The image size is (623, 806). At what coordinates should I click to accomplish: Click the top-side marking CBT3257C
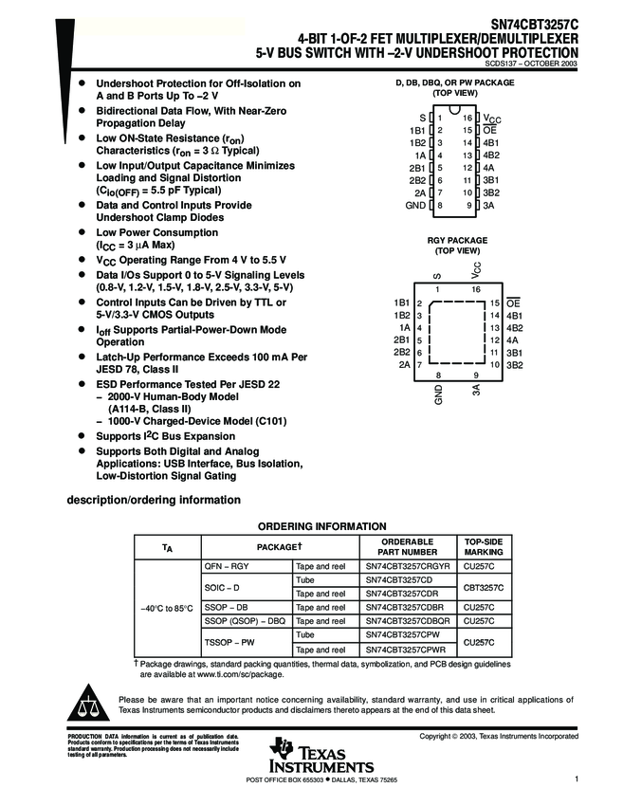(484, 587)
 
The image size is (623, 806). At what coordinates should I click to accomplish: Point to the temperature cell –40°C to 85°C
(167, 607)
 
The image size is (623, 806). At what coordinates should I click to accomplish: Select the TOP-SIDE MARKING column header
(484, 546)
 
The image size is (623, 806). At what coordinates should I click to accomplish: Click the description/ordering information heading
(152, 500)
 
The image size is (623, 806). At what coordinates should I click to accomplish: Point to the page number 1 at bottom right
(576, 779)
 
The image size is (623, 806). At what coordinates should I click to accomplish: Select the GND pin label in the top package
(415, 205)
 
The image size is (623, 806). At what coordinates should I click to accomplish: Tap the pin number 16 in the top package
(467, 118)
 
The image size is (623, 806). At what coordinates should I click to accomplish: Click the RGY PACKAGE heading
(455, 241)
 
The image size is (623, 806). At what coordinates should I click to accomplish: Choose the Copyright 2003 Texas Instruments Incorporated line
(499, 736)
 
